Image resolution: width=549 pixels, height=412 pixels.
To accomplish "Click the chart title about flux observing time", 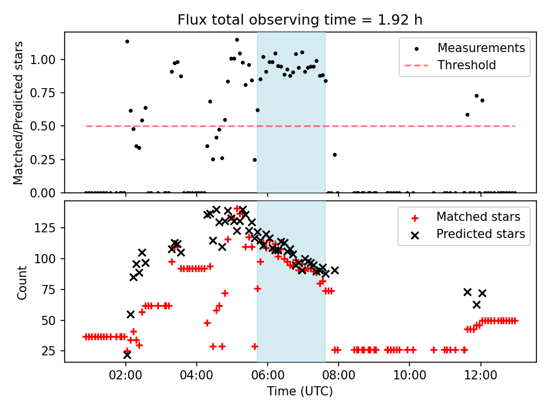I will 300,20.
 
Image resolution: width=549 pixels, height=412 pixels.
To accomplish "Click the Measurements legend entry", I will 481,48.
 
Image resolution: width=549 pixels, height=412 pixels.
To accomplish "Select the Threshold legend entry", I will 467,65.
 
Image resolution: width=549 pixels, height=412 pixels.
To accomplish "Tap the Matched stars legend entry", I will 478,217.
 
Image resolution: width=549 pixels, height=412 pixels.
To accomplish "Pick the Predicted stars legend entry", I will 480,234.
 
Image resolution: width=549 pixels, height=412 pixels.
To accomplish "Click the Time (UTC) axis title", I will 300,392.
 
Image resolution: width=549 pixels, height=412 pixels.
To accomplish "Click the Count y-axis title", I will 22,282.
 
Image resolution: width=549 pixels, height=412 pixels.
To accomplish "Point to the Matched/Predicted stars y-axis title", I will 19,113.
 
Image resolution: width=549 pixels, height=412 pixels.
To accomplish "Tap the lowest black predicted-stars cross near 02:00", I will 127,355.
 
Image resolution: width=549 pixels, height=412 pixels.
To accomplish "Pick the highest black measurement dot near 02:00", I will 127,41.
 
